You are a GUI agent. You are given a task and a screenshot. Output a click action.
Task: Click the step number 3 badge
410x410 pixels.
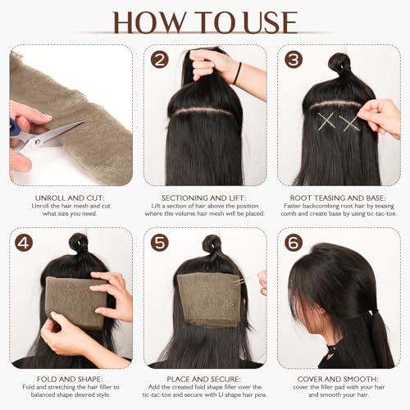tap(292, 60)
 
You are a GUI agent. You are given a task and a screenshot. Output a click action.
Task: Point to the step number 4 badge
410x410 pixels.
tap(24, 244)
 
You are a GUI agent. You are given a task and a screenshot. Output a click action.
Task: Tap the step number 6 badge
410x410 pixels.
tap(292, 244)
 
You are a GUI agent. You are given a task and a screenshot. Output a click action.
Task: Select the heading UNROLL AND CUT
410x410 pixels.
tap(71, 198)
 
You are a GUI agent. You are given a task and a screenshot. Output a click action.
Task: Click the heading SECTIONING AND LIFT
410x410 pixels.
tap(205, 198)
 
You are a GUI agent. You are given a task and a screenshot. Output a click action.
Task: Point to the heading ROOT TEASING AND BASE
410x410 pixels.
tap(339, 198)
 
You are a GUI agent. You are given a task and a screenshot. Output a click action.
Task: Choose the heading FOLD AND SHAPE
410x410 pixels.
tap(71, 380)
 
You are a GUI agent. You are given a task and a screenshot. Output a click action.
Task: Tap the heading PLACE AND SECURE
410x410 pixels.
tap(205, 380)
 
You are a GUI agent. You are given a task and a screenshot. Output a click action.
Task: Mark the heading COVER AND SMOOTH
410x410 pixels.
tap(339, 380)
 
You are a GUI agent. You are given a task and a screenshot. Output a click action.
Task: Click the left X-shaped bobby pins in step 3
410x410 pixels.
tap(327, 123)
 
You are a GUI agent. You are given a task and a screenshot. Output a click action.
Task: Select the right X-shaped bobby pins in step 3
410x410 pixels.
tap(350, 123)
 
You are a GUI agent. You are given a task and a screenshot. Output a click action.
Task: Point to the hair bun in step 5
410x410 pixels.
tap(212, 244)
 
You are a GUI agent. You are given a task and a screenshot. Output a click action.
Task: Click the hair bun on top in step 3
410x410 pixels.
tap(340, 61)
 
